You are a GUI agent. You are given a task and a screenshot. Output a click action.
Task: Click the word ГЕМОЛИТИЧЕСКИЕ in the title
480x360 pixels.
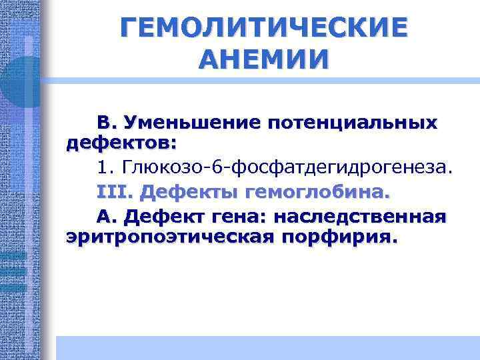263,28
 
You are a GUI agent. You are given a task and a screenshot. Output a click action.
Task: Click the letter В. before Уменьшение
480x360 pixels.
107,123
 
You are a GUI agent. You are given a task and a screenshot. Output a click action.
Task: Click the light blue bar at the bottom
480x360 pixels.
267,347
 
